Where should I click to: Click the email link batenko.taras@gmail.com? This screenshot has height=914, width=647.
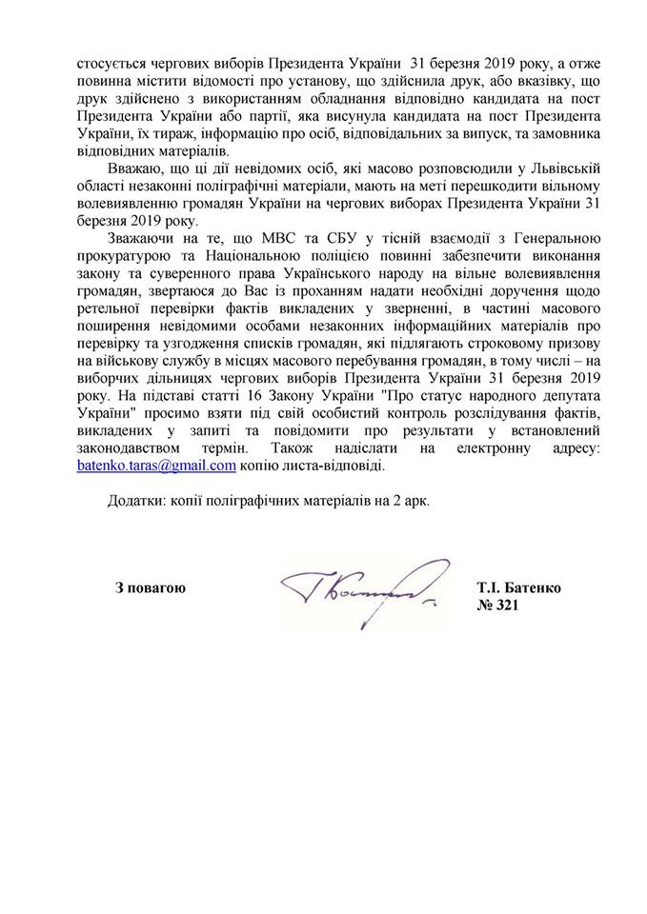(156, 467)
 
